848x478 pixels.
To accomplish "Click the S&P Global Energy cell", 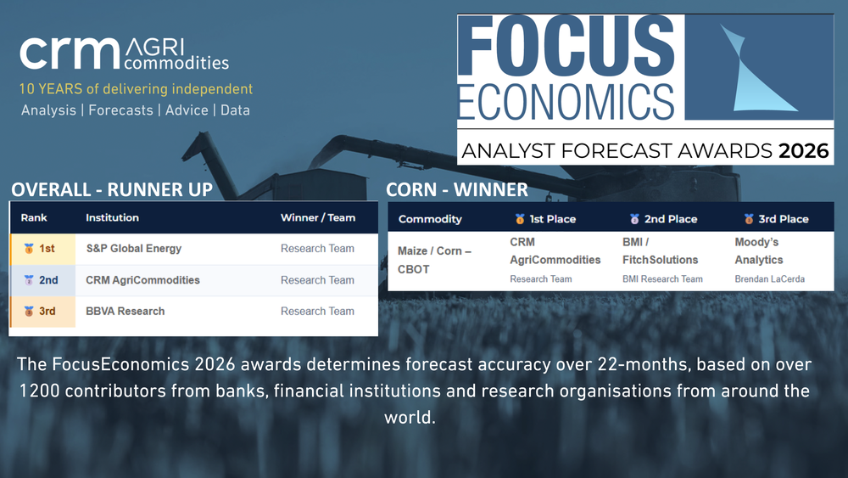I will pyautogui.click(x=133, y=249).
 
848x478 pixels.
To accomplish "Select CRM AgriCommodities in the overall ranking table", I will pyautogui.click(x=142, y=280).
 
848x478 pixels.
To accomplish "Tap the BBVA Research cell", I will pyautogui.click(x=125, y=312).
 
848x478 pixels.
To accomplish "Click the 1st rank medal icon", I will pyautogui.click(x=29, y=250).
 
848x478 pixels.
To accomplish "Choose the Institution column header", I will pyautogui.click(x=112, y=218).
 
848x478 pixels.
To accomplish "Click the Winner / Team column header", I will pyautogui.click(x=318, y=218).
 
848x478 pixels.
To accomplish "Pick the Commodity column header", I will pyautogui.click(x=430, y=219).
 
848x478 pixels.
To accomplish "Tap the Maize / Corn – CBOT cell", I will pyautogui.click(x=434, y=260).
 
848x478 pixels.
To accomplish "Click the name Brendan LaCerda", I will pyautogui.click(x=769, y=279).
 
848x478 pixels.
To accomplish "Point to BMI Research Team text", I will pyautogui.click(x=662, y=279).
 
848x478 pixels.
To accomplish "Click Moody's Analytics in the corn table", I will pyautogui.click(x=759, y=251).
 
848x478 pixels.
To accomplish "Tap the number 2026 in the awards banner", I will pyautogui.click(x=804, y=152).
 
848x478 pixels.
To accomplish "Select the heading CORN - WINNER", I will pyautogui.click(x=457, y=189).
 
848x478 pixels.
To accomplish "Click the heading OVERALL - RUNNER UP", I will pyautogui.click(x=111, y=189).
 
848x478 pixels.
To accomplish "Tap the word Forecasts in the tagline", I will pyautogui.click(x=120, y=110).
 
